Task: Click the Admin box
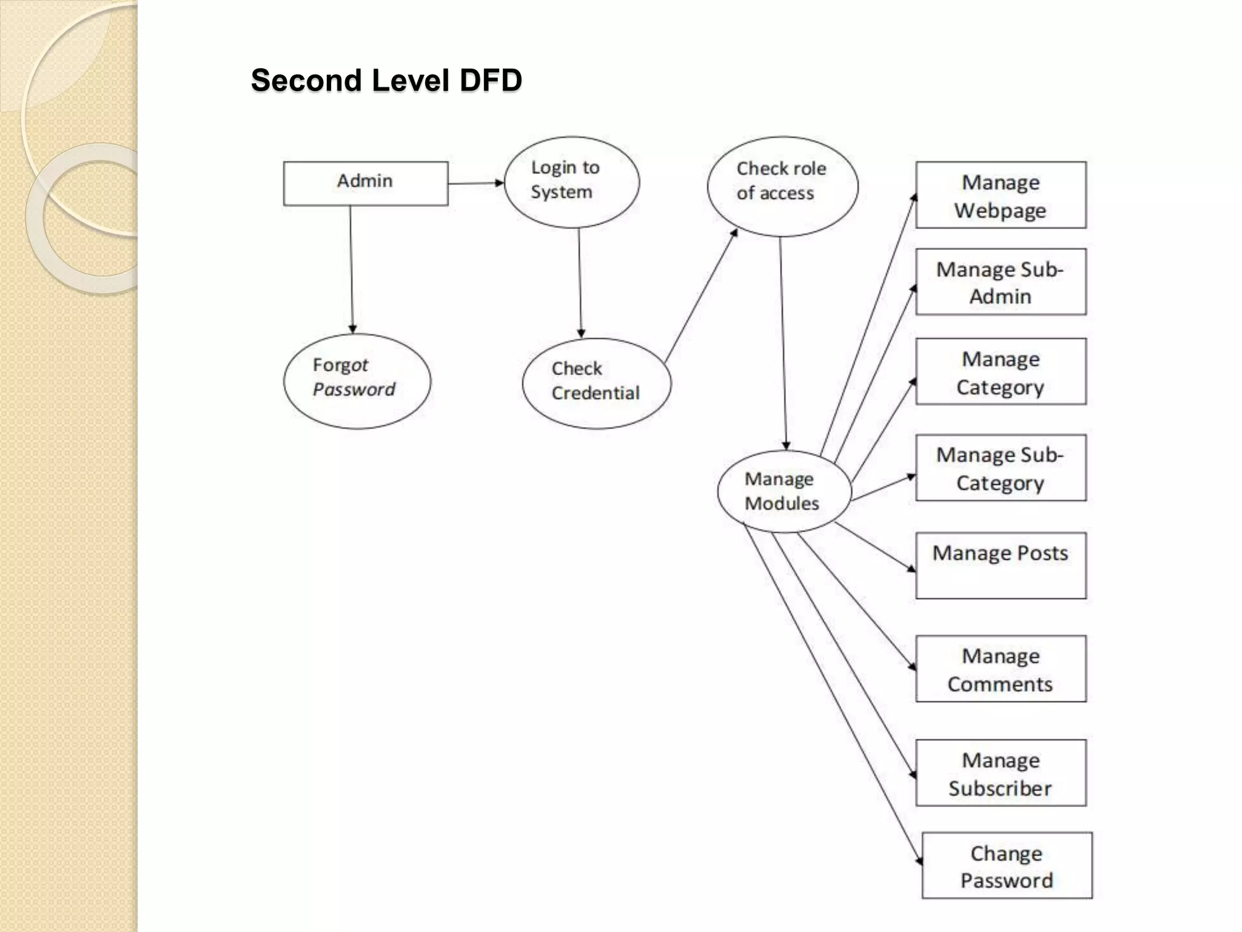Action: [x=366, y=183]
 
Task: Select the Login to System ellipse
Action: [x=571, y=182]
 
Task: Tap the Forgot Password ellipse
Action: [x=357, y=381]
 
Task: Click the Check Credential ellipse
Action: [x=596, y=383]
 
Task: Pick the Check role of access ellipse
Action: [x=782, y=186]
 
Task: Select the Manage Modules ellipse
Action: [x=783, y=491]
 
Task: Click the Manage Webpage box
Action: [x=1001, y=195]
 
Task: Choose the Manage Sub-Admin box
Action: [x=1001, y=282]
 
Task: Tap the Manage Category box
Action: [x=1001, y=371]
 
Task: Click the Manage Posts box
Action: [x=1001, y=566]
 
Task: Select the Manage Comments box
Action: [x=1001, y=669]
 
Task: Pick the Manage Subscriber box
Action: [x=1001, y=772]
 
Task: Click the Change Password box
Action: [x=1007, y=865]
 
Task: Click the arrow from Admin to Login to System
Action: [x=476, y=183]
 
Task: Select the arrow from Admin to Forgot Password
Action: [x=351, y=270]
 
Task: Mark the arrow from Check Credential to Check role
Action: [x=701, y=296]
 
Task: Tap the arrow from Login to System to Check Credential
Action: [x=580, y=283]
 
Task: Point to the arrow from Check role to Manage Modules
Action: [x=783, y=343]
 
